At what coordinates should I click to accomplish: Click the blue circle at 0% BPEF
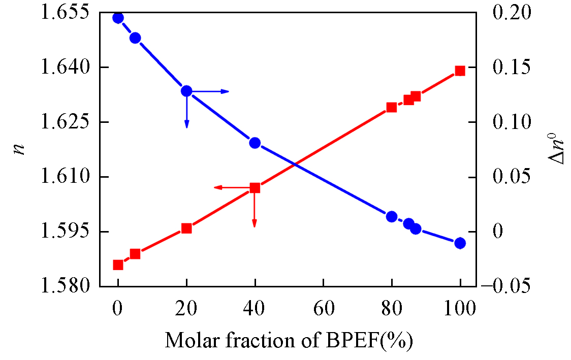[x=118, y=18]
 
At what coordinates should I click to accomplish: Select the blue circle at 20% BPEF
[x=186, y=91]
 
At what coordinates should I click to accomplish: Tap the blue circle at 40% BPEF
[x=255, y=143]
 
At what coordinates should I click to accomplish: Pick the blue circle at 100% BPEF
[x=460, y=243]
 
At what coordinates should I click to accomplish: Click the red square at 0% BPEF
[x=118, y=265]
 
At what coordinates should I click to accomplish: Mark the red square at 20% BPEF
[x=186, y=228]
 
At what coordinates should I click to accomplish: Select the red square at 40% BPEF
[x=255, y=188]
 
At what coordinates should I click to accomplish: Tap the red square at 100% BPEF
[x=460, y=71]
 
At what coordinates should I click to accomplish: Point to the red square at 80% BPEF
[x=392, y=107]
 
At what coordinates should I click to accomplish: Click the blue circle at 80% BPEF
[x=392, y=217]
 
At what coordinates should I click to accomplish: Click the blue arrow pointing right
[x=213, y=91]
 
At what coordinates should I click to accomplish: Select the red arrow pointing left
[x=229, y=188]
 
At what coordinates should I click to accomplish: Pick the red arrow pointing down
[x=255, y=211]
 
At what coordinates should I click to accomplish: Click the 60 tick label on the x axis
[x=323, y=308]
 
